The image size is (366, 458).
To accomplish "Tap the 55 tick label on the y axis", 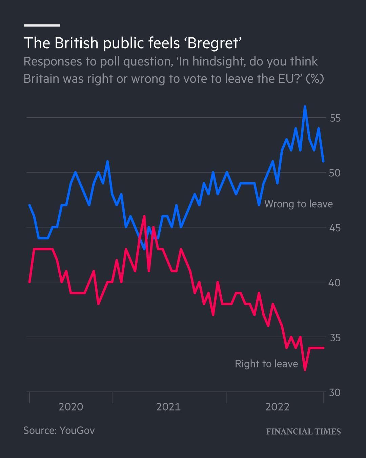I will [335, 118].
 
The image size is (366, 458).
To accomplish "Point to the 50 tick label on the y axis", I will [335, 173].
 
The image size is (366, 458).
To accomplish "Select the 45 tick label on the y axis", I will [335, 228].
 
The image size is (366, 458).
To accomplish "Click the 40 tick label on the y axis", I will [335, 283].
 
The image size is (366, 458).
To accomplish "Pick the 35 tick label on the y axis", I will [335, 338].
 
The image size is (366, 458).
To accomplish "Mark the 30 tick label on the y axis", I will [335, 393].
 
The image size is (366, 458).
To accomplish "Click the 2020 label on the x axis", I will [71, 407].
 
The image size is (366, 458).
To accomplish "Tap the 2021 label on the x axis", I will [168, 407].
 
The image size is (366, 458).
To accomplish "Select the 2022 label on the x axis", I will [277, 407].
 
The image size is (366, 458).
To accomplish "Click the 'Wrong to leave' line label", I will [298, 204].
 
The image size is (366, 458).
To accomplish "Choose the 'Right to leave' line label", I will [266, 364].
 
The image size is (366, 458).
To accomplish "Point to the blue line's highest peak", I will [305, 107].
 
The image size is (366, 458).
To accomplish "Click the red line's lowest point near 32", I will [305, 370].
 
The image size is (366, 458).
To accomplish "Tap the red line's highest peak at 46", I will [144, 216].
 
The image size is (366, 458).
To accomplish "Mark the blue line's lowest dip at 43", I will [144, 249].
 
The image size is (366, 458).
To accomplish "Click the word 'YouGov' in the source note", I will [77, 430].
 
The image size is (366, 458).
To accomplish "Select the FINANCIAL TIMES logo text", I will [303, 432].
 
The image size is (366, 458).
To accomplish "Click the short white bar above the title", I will [42, 25].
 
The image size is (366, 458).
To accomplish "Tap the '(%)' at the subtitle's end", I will [314, 79].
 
